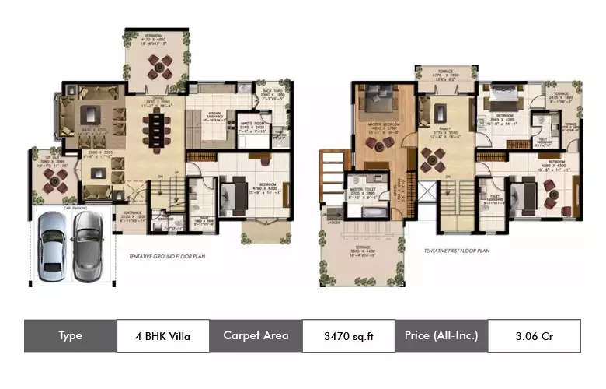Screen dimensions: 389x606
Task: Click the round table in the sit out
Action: click(54, 181)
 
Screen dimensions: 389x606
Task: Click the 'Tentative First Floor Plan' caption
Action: click(456, 251)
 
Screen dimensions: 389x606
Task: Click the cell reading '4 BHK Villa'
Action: click(162, 336)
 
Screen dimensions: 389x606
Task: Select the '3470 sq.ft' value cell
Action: click(348, 336)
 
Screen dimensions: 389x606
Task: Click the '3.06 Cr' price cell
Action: click(534, 336)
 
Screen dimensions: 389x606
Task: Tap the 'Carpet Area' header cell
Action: click(256, 336)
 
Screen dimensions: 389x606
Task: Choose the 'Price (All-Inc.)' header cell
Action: click(441, 336)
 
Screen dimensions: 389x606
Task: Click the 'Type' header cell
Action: click(70, 336)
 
